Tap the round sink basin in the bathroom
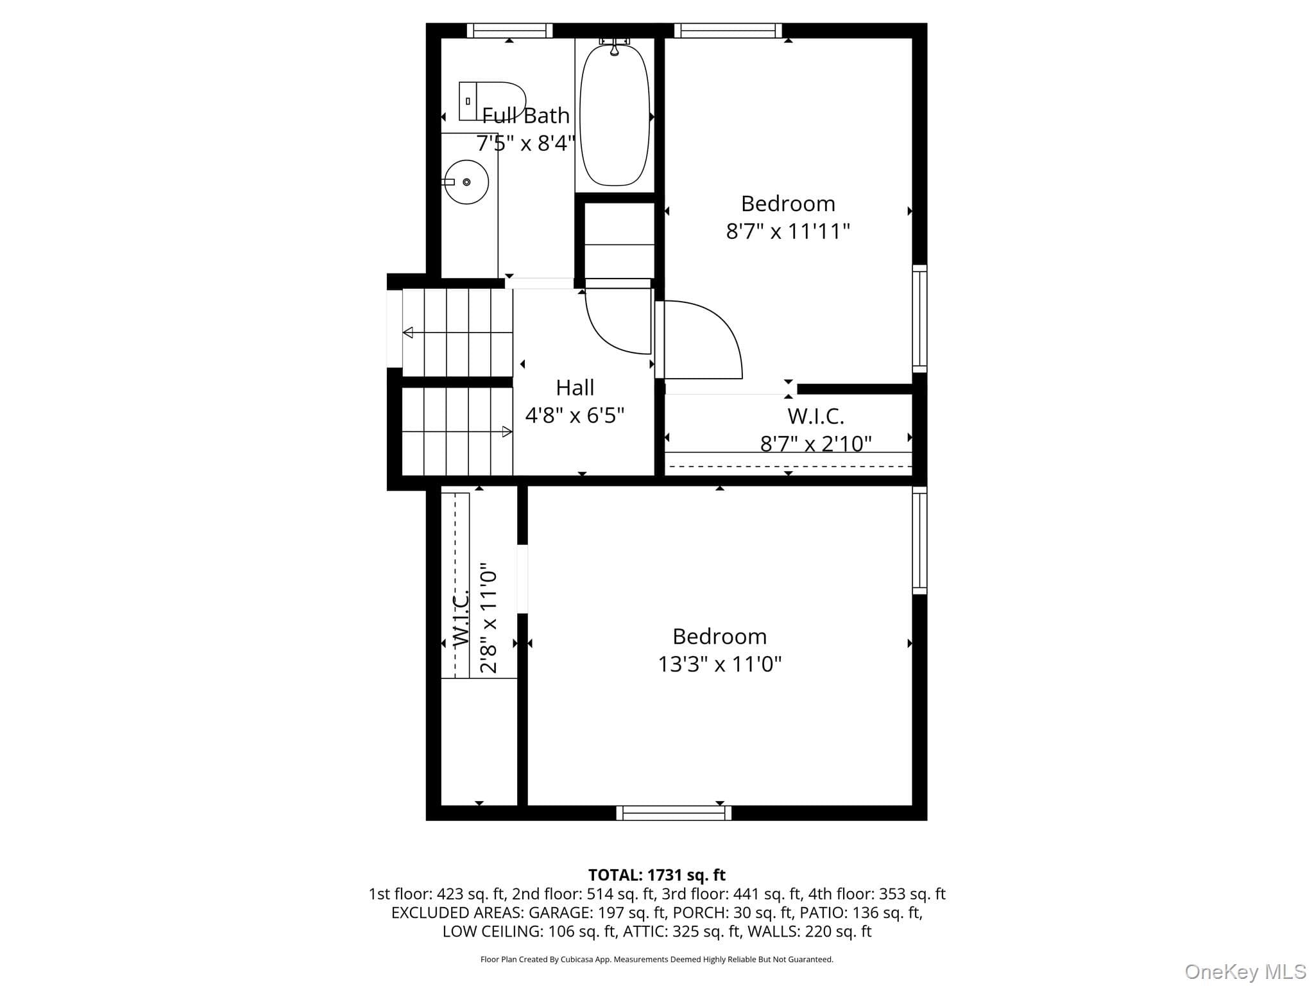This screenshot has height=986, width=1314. click(x=466, y=182)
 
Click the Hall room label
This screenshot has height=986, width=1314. click(x=575, y=388)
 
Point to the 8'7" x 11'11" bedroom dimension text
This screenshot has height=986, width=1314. click(x=788, y=231)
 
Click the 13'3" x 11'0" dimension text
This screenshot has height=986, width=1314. click(x=720, y=664)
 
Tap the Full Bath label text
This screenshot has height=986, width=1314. click(x=525, y=116)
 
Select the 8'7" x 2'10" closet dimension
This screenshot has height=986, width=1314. click(x=816, y=444)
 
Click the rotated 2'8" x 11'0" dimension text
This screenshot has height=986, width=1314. click(x=489, y=618)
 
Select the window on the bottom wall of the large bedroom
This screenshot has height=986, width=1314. click(x=674, y=813)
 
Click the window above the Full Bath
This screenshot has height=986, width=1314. click(x=509, y=30)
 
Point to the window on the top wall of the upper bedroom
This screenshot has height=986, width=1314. click(x=728, y=30)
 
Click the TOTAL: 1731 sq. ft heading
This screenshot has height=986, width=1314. click(x=657, y=875)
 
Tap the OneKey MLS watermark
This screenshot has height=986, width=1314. click(x=1245, y=971)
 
